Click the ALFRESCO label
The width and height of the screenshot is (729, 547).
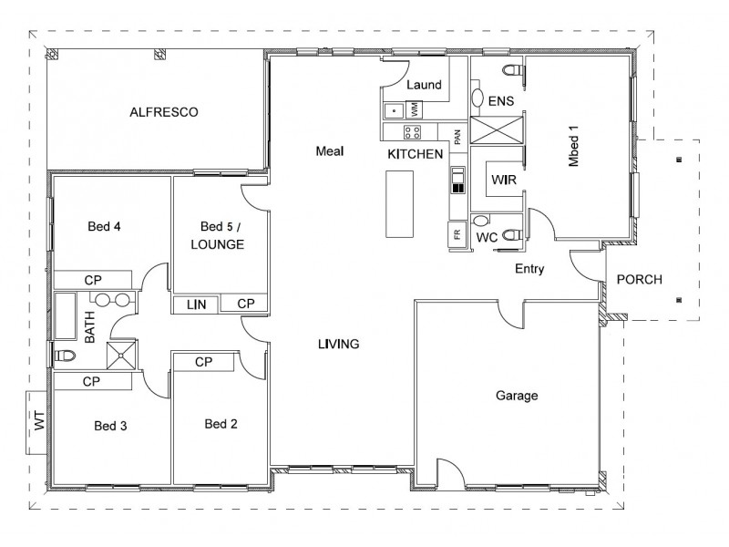point(164,112)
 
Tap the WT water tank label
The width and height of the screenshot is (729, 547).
point(40,420)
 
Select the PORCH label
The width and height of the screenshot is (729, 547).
point(640,279)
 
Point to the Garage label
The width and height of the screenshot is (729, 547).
point(517,396)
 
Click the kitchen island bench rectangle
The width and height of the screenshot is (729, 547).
point(399,204)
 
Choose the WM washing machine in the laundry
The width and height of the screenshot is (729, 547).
point(415,109)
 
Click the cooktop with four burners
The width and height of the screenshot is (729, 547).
point(412,132)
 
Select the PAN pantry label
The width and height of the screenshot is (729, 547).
point(457,137)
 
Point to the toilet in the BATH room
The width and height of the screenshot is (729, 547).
point(64,356)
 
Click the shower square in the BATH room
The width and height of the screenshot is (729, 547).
point(121,356)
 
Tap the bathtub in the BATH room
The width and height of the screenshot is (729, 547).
point(66,316)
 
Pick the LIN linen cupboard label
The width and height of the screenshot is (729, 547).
point(196,304)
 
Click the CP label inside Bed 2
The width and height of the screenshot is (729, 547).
point(203,362)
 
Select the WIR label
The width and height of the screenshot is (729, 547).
point(504,180)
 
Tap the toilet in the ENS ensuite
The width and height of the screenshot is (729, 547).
point(514,71)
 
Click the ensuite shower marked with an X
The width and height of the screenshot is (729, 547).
point(497,129)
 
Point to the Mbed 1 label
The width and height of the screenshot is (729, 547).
point(573,146)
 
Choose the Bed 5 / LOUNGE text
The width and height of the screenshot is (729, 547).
point(218,235)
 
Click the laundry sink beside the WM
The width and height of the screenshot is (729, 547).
point(394,111)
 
